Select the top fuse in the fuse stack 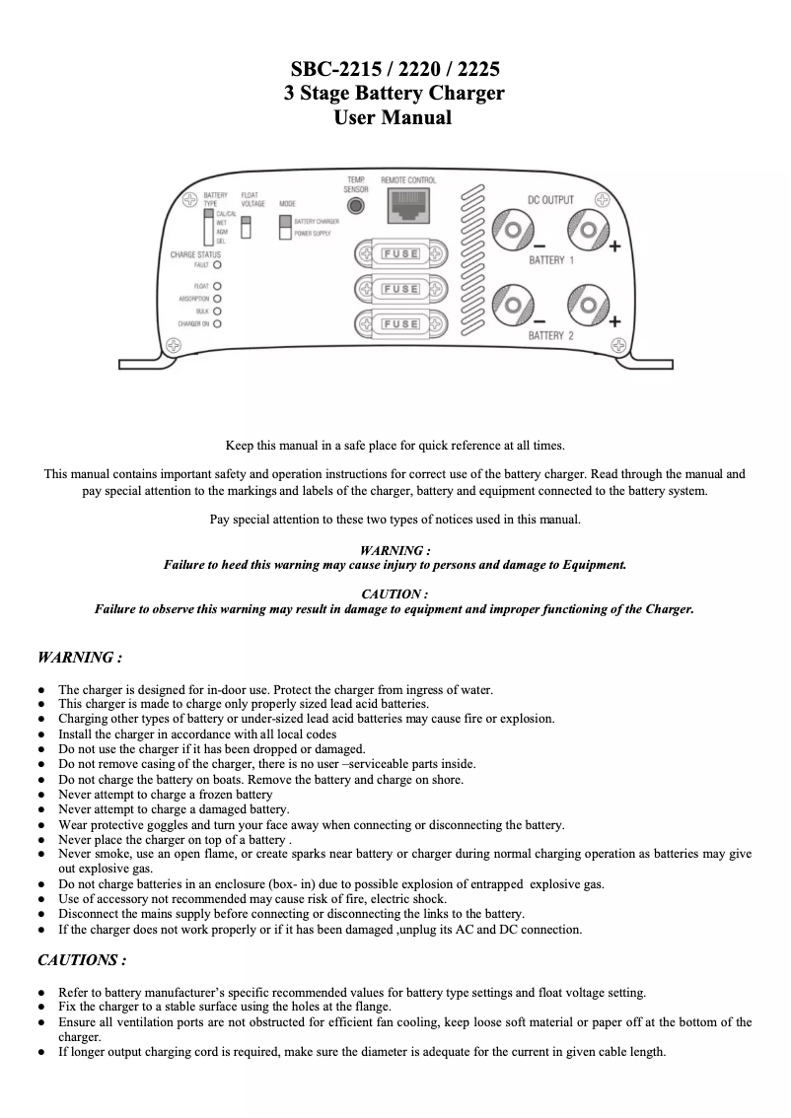399,253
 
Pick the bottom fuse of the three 399,323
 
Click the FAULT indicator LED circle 217,265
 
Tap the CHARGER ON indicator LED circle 217,322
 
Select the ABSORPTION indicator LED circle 217,298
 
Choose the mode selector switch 285,228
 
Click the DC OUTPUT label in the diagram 550,200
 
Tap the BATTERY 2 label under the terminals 550,336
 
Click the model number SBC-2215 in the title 332,70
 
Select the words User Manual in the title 395,118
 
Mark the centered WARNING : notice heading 395,551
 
